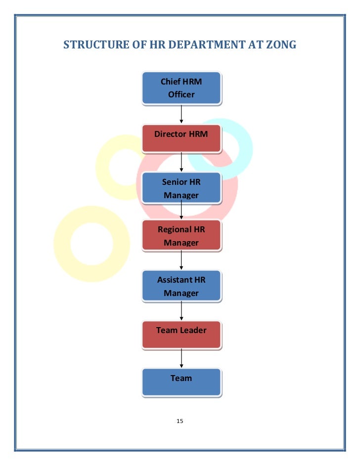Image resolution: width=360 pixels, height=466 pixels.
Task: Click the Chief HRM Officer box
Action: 181,88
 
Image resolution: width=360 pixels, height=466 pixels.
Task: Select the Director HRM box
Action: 181,138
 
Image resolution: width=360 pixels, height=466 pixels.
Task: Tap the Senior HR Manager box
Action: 181,188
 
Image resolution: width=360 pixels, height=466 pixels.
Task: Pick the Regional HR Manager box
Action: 181,236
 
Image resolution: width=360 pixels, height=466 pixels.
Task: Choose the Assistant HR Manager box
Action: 181,286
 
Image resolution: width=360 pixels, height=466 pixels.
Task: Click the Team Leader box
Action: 181,335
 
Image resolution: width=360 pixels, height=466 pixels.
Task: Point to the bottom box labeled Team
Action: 181,382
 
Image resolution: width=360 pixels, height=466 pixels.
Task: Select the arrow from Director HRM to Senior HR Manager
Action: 182,162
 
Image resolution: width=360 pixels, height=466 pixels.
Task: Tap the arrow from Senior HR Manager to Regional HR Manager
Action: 182,212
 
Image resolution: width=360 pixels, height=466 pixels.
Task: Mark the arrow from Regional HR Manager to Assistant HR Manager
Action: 182,260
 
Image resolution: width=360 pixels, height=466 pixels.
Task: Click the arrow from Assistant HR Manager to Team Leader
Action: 182,310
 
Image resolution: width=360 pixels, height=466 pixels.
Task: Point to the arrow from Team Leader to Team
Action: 182,358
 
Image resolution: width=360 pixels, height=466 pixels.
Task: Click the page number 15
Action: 180,421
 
